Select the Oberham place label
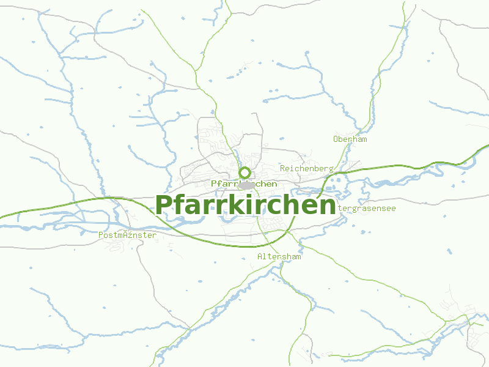tap(350, 139)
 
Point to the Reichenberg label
tap(306, 168)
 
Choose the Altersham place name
tap(279, 256)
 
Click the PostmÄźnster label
tap(127, 235)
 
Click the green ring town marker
tap(245, 172)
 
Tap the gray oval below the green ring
tap(246, 185)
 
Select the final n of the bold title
tap(327, 206)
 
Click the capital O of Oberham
tap(336, 139)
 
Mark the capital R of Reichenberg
tap(282, 168)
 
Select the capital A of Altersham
tap(260, 256)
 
